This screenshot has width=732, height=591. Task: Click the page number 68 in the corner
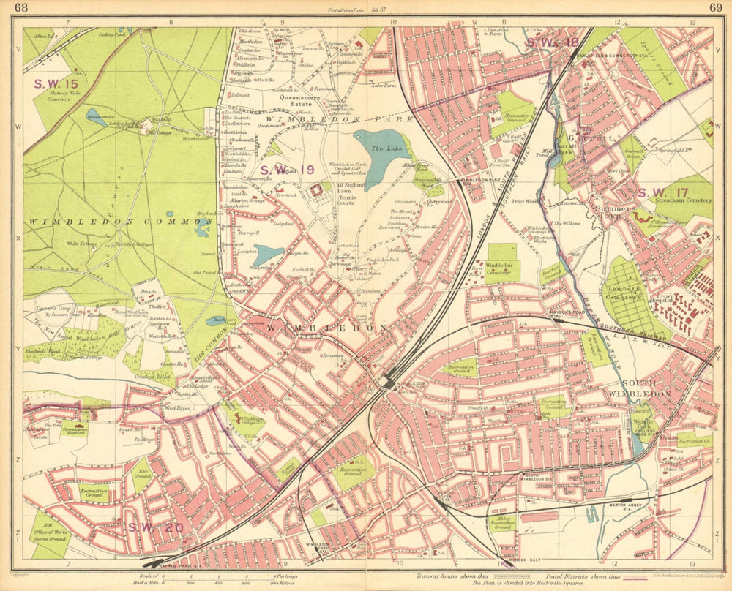[21, 8]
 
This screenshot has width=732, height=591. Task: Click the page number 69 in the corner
[715, 8]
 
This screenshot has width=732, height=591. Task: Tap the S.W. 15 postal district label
[56, 83]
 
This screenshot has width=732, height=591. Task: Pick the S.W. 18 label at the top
[551, 42]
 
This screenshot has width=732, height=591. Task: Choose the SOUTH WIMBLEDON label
[646, 388]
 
